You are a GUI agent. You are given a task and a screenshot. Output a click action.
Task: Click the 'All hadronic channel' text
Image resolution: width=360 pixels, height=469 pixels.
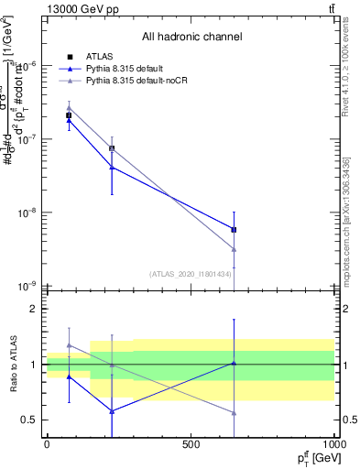pyautogui.click(x=191, y=38)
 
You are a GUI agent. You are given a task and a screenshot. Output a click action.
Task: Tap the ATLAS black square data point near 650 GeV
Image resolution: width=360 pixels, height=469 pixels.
pyautogui.click(x=235, y=230)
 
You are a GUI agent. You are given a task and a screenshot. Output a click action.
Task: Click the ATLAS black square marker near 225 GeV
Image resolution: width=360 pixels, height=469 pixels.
pyautogui.click(x=112, y=148)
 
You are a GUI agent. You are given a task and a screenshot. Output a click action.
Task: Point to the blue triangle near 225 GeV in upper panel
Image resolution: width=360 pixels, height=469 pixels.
pyautogui.click(x=112, y=167)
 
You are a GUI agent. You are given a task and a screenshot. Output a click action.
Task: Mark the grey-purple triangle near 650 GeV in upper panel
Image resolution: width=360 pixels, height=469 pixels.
pyautogui.click(x=235, y=249)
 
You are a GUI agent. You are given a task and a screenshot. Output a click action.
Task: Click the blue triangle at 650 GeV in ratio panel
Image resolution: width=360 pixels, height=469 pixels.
pyautogui.click(x=235, y=363)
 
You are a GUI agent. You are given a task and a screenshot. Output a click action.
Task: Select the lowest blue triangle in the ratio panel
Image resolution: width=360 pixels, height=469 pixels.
pyautogui.click(x=112, y=411)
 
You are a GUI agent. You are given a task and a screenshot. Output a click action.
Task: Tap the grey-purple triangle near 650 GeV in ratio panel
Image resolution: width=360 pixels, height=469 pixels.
pyautogui.click(x=235, y=413)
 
